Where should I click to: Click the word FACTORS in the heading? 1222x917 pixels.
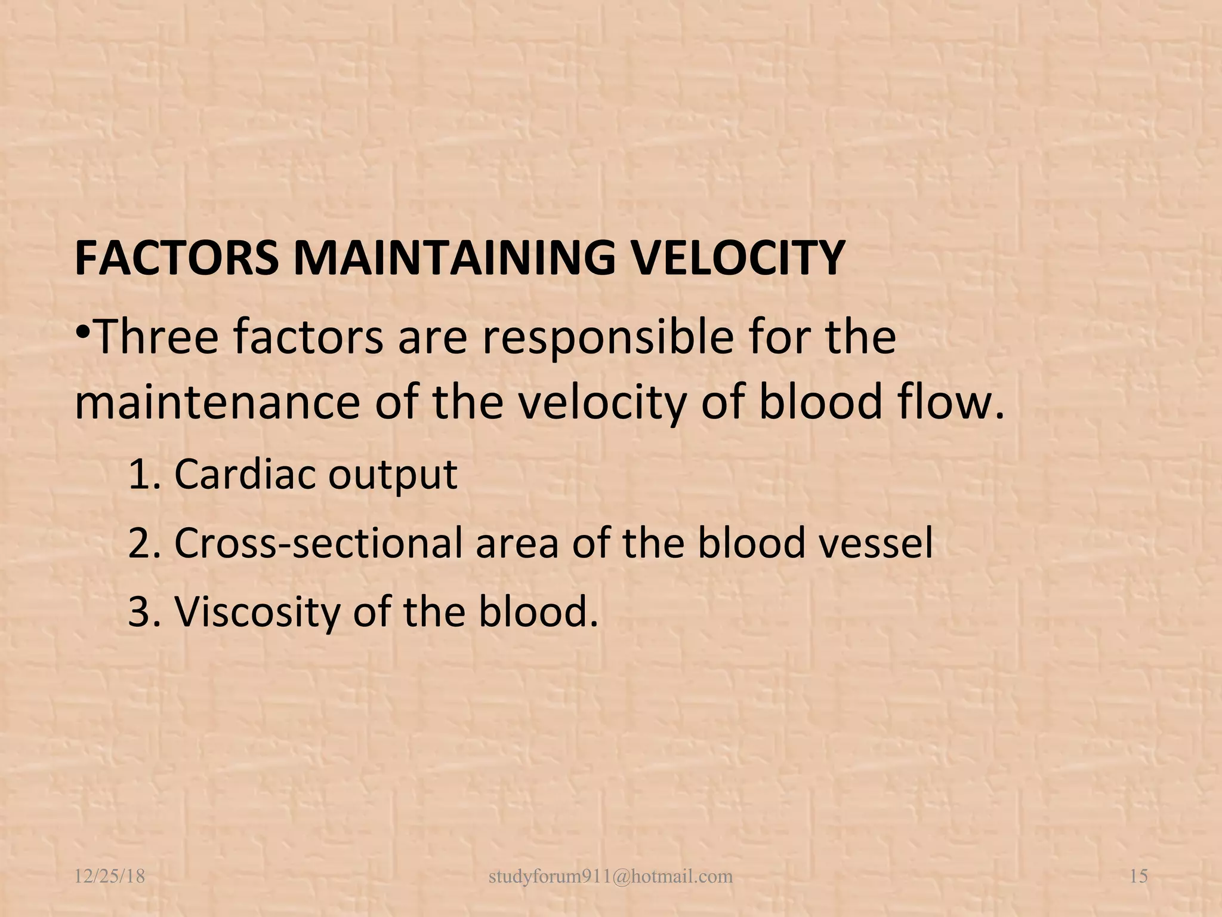pos(177,258)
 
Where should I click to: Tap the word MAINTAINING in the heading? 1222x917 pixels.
pos(453,258)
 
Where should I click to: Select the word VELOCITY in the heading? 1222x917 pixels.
pos(737,258)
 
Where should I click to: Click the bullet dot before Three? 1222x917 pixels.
pos(83,330)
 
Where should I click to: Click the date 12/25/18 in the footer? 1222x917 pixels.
pos(110,876)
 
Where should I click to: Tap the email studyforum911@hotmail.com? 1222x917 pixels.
pos(610,876)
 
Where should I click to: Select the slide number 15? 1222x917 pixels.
pos(1138,876)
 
